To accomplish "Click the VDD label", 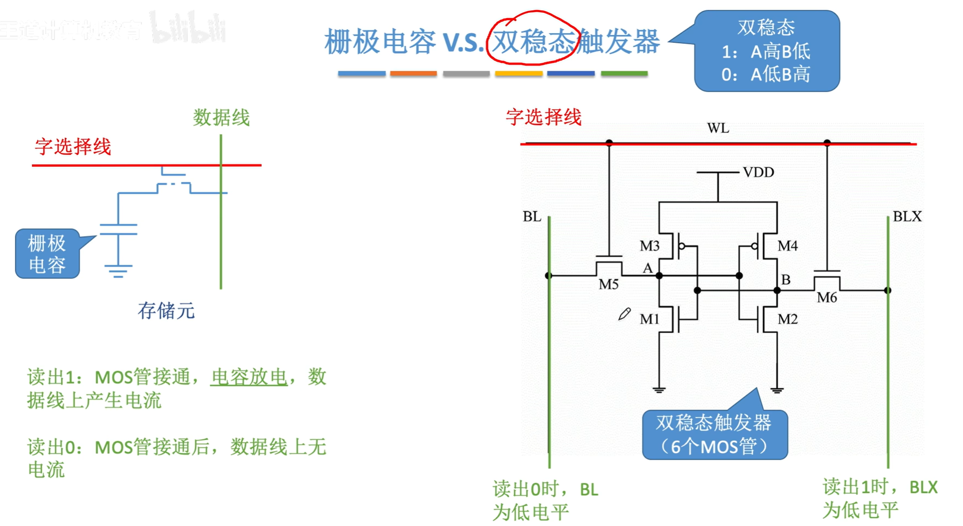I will pos(758,172).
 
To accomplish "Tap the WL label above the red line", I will pos(718,128).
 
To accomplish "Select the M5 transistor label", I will pos(608,284).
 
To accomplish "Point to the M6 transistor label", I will pos(826,298).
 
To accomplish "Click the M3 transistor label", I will pos(649,246).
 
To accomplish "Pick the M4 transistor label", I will pos(787,246).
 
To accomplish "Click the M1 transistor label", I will pos(649,319).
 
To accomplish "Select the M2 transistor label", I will pos(787,319).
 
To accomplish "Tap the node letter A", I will pos(648,268).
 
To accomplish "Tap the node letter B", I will pos(785,280).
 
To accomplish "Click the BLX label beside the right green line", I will pos(907,216).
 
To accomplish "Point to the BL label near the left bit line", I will pos(532,216).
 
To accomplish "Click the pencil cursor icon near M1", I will pos(624,314).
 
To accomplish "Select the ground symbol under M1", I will pos(659,389).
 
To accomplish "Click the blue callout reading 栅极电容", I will pos(47,254).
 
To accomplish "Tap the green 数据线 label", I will pos(221,118).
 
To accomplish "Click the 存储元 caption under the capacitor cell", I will pos(166,311).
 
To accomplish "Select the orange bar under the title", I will pos(413,73).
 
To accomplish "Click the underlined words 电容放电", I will pos(249,377).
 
